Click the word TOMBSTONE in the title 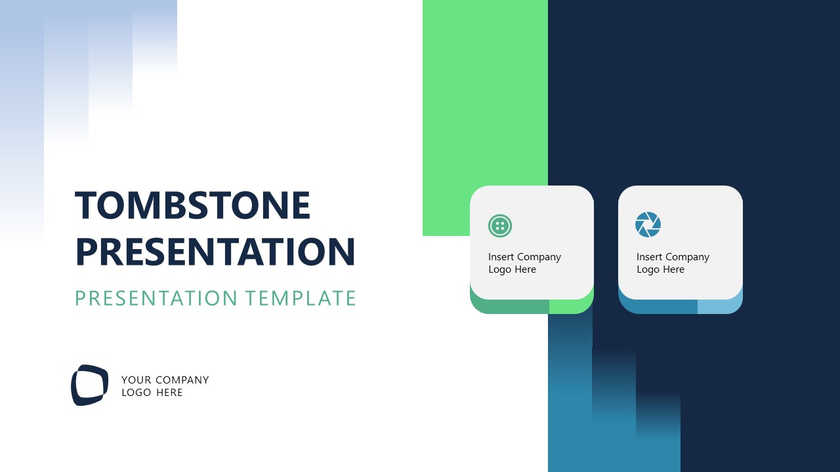pos(192,205)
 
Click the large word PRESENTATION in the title pos(216,252)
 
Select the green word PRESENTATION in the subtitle pos(156,298)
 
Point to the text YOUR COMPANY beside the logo pos(165,380)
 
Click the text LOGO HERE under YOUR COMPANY pos(152,393)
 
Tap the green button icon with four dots pos(500,226)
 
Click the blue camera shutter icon pos(648,225)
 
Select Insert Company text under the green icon pos(524,257)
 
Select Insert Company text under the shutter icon pos(673,257)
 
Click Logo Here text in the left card pos(512,269)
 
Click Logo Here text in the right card pos(660,269)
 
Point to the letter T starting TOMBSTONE pos(85,205)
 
